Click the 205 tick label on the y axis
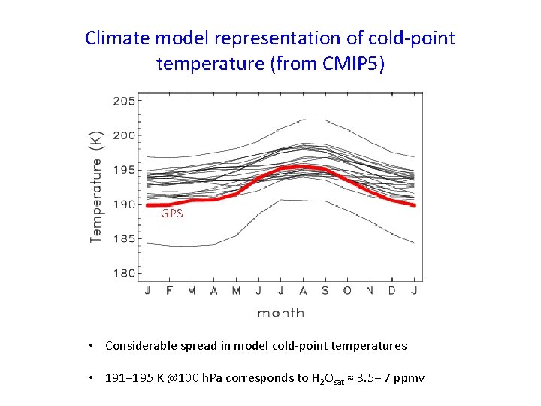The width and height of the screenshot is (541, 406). [124, 101]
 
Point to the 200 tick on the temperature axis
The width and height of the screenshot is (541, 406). [124, 135]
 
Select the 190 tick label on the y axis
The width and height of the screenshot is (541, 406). [124, 205]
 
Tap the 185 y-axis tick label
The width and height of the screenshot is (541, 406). [124, 239]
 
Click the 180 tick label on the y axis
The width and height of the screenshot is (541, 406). [124, 273]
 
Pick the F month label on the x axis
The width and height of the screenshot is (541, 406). [168, 291]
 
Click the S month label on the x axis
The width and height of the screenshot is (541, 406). [325, 291]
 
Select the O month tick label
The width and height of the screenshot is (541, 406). [347, 291]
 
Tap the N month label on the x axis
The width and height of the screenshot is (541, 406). [370, 291]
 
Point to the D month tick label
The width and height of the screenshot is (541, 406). [392, 291]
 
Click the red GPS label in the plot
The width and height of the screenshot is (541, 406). [171, 214]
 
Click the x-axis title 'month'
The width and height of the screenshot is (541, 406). [280, 312]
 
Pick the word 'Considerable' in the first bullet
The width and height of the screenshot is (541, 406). [138, 346]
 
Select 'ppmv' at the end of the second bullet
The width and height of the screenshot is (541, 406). [410, 378]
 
